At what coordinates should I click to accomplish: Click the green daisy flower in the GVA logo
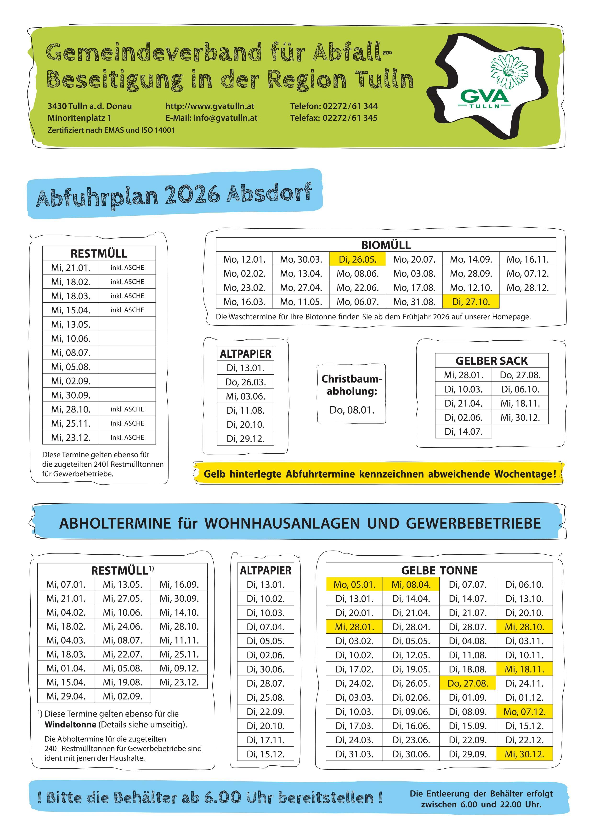[x=509, y=69]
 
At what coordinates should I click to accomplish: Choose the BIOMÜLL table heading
[x=386, y=245]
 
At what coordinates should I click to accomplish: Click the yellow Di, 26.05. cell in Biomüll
[x=357, y=259]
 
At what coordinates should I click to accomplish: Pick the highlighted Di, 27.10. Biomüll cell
[x=471, y=302]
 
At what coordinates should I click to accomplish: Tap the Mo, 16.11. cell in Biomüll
[x=527, y=259]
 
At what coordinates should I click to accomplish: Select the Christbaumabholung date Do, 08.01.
[x=352, y=410]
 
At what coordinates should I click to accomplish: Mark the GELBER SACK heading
[x=492, y=361]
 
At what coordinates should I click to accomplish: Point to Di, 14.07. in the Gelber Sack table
[x=463, y=431]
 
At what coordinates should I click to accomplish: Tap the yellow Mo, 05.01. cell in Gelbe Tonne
[x=354, y=584]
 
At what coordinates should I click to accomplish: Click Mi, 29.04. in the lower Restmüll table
[x=66, y=696]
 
